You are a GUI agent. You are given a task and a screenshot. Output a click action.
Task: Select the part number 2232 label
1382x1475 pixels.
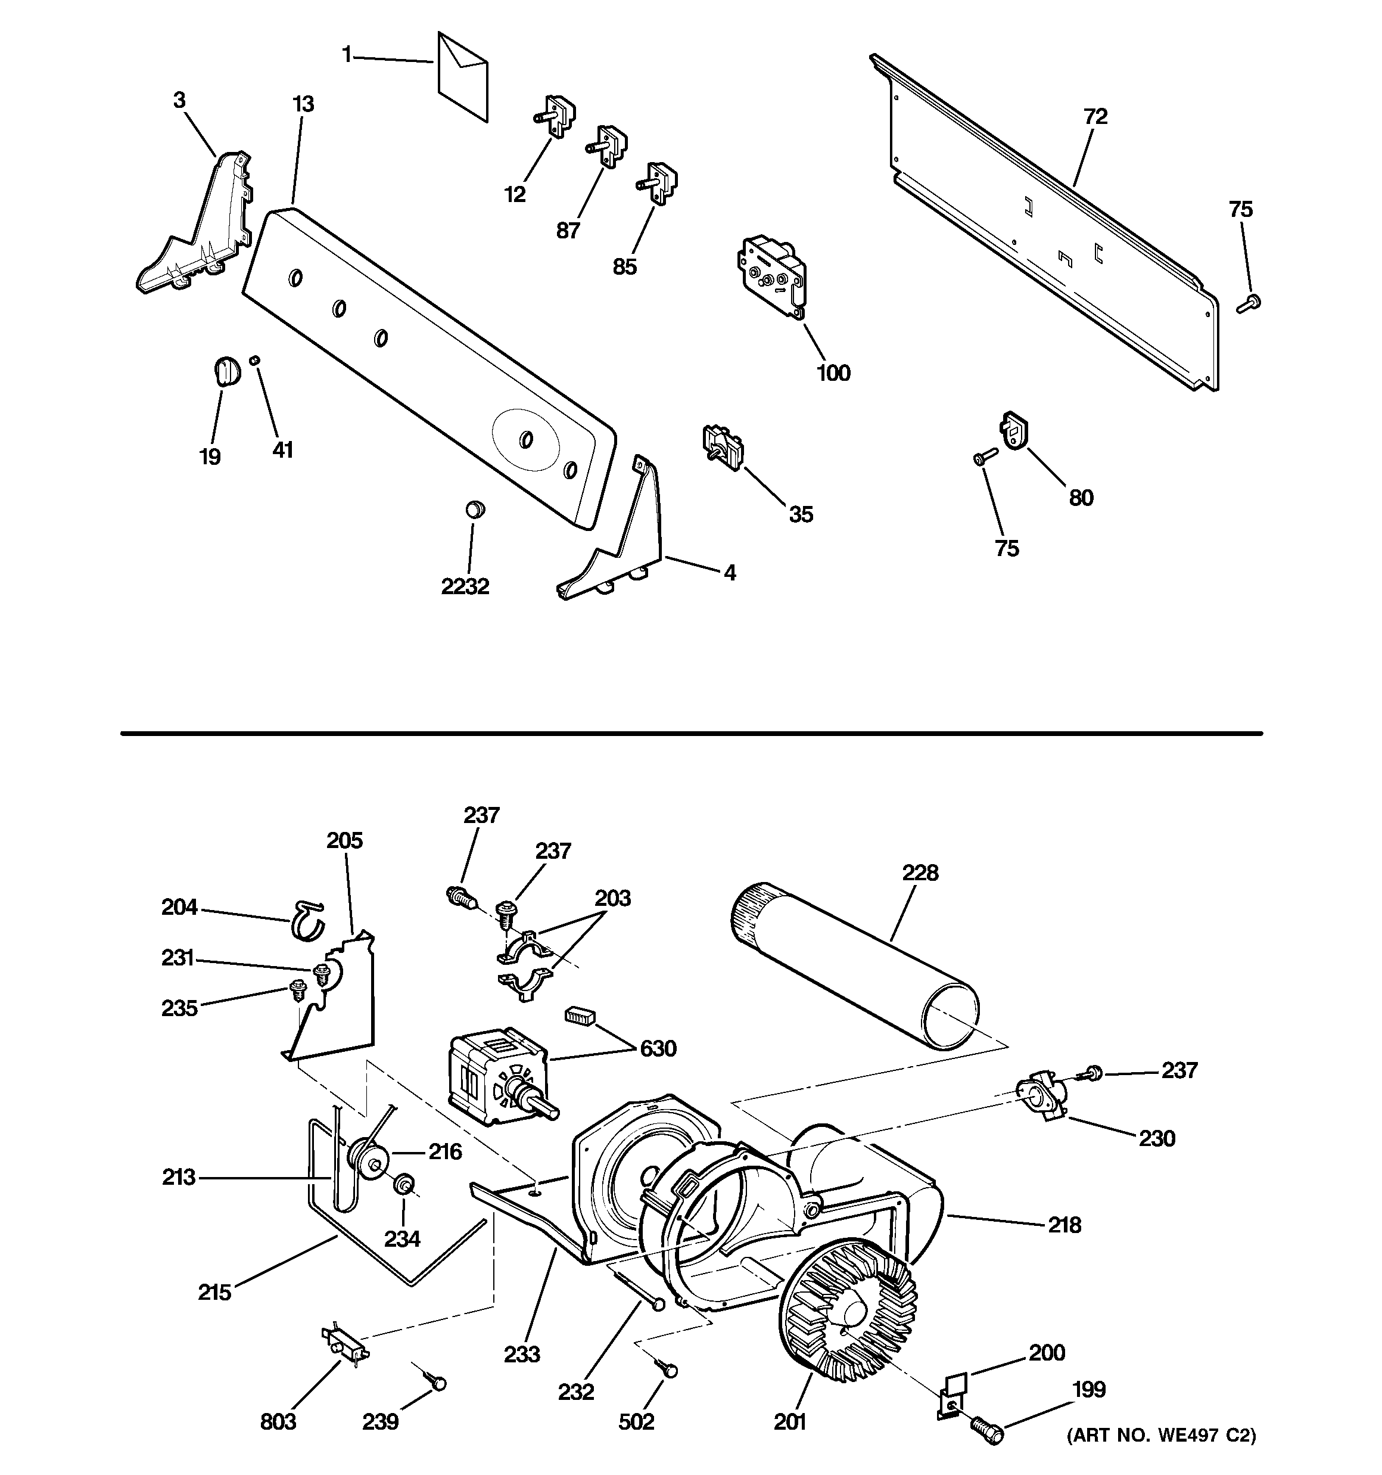465,587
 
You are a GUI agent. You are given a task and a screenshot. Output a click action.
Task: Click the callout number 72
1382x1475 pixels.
1095,116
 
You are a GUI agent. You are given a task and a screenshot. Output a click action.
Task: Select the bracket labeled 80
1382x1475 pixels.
1013,430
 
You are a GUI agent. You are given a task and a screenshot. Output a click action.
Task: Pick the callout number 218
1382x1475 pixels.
1064,1225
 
